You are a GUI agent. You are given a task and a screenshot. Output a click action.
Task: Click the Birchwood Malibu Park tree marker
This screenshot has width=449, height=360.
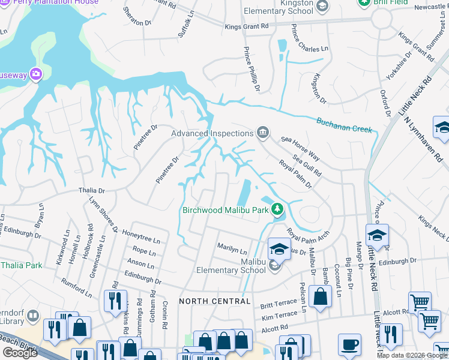(277, 209)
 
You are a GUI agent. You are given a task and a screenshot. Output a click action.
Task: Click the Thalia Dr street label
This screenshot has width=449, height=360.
(92, 190)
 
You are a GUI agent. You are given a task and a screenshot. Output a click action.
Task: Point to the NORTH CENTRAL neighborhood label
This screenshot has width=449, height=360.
(215, 301)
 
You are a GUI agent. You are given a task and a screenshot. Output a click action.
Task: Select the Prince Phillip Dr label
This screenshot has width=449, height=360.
(252, 70)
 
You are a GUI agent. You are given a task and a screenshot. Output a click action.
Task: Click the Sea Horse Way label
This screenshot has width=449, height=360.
(298, 148)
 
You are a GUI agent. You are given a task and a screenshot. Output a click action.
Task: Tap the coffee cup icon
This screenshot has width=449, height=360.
(349, 345)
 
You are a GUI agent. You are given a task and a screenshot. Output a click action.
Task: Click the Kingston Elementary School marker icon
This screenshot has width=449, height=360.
(322, 6)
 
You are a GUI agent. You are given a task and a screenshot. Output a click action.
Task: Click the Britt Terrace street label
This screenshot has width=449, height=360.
(279, 305)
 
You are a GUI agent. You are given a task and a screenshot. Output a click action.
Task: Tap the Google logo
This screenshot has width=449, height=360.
(20, 353)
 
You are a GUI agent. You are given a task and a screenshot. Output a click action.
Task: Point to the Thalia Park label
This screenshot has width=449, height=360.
(22, 265)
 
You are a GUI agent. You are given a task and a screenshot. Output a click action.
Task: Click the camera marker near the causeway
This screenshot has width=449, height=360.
(35, 74)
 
